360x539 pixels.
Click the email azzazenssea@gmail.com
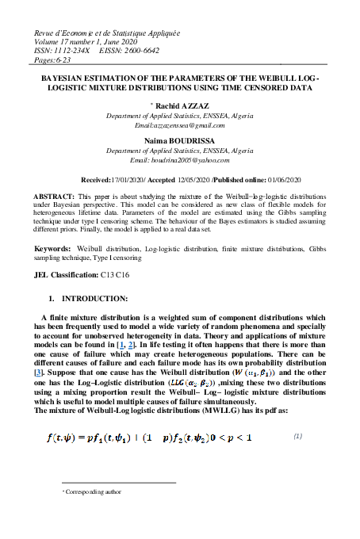click(180, 126)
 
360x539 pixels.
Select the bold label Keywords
click(53, 249)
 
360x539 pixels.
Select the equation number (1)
click(299, 436)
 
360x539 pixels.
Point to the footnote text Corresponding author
click(94, 491)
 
